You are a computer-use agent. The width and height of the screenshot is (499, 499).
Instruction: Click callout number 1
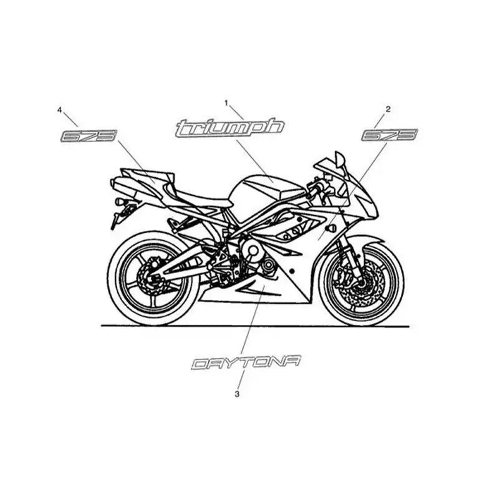pos(226,103)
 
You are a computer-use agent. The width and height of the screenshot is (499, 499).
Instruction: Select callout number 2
pos(388,109)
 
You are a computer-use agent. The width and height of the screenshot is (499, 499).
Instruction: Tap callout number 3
pos(237,394)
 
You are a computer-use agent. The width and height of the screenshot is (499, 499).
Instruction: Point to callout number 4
pos(59,110)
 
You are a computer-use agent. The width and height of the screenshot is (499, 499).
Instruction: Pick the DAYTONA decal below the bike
pos(246,362)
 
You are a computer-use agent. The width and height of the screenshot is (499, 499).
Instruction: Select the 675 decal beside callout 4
pos(89,135)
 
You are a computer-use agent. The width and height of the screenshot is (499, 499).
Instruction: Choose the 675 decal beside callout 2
pos(389,135)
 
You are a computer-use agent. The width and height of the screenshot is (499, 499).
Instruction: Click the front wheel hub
pos(361,283)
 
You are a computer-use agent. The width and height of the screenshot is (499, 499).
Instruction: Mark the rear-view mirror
pos(339,158)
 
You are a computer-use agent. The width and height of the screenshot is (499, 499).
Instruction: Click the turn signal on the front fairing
pos(331,228)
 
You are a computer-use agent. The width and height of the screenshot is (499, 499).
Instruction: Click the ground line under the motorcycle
pos(255,326)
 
